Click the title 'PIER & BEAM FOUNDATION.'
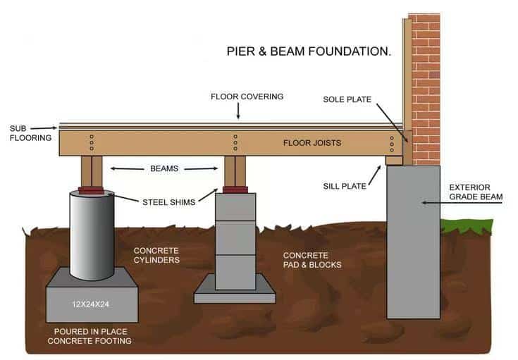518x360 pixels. (309, 51)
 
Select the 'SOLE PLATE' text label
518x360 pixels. (347, 100)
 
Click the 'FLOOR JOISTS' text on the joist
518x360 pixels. (312, 143)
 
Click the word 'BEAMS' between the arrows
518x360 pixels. (164, 168)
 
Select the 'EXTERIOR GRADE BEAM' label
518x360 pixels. (476, 192)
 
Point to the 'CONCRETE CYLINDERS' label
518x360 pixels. (156, 255)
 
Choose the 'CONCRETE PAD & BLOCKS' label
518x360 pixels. (312, 259)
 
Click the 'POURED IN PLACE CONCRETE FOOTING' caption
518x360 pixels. (90, 336)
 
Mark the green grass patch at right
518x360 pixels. (466, 226)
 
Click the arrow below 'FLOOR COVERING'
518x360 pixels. (238, 111)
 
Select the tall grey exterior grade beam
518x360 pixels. (413, 240)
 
